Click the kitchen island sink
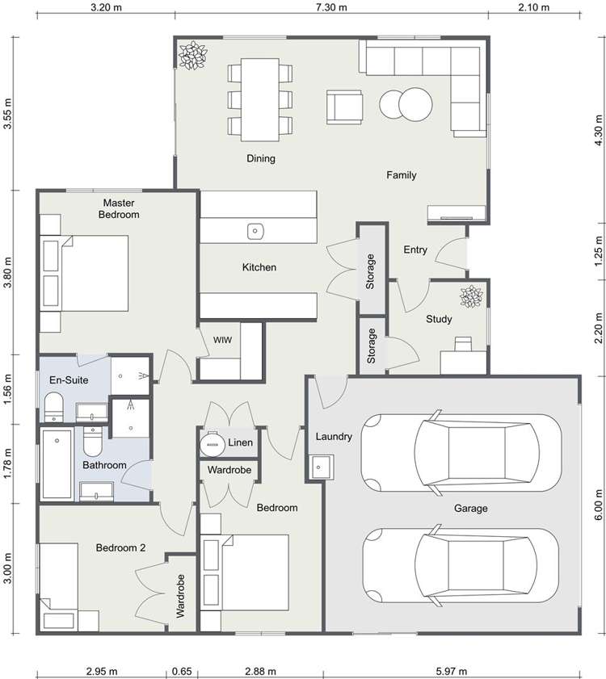(x=255, y=231)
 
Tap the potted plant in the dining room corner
(x=192, y=57)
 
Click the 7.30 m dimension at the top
(x=330, y=8)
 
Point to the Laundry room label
(x=334, y=437)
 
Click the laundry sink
(x=322, y=466)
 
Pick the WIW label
(x=223, y=340)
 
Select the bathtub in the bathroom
(x=57, y=464)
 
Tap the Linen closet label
(x=241, y=442)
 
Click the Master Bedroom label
(x=119, y=208)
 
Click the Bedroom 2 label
(x=121, y=547)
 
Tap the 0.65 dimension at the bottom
(x=183, y=671)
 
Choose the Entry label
(x=415, y=250)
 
